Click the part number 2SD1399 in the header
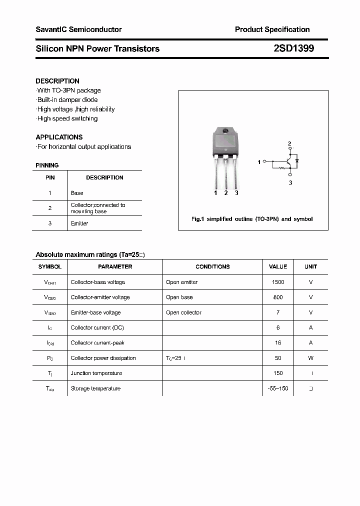pyautogui.click(x=293, y=48)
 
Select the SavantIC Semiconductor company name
pyautogui.click(x=78, y=29)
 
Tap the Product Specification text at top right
pyautogui.click(x=272, y=29)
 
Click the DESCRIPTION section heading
pyautogui.click(x=57, y=81)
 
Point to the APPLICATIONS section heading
pyautogui.click(x=59, y=137)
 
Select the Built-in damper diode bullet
pyautogui.click(x=67, y=100)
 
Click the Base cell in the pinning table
pyautogui.click(x=77, y=193)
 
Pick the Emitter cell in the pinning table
pyautogui.click(x=79, y=223)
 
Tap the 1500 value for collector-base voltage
pyautogui.click(x=278, y=282)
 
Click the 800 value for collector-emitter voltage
pyautogui.click(x=278, y=297)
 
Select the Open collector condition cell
pyautogui.click(x=183, y=312)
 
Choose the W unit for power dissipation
pyautogui.click(x=310, y=358)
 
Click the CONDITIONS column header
pyautogui.click(x=212, y=267)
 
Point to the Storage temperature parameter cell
pyautogui.click(x=95, y=388)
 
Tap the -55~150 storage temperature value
pyautogui.click(x=278, y=388)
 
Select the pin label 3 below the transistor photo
pyautogui.click(x=236, y=193)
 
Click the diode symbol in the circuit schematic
pyautogui.click(x=297, y=161)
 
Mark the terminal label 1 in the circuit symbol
pyautogui.click(x=259, y=162)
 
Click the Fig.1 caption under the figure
pyautogui.click(x=252, y=219)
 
